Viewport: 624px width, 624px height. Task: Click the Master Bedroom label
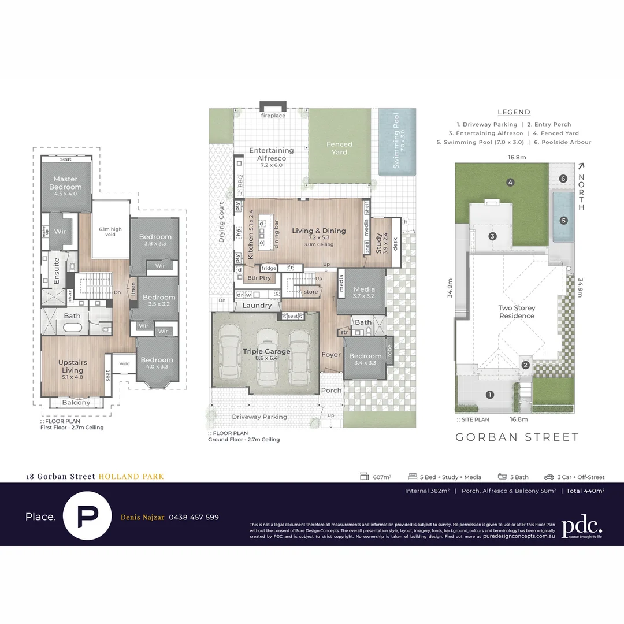pyautogui.click(x=65, y=183)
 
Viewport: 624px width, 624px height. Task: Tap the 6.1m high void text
pyautogui.click(x=110, y=232)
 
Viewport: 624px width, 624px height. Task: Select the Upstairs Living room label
pyautogui.click(x=72, y=366)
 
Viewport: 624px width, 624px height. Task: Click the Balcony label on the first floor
pyautogui.click(x=76, y=403)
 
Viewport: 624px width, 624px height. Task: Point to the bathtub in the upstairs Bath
pyautogui.click(x=72, y=328)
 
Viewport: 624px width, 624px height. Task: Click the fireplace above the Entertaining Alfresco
pyautogui.click(x=273, y=108)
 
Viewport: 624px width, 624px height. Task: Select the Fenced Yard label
pyautogui.click(x=339, y=148)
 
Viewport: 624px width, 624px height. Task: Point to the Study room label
pyautogui.click(x=378, y=243)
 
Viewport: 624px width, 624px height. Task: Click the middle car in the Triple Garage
pyautogui.click(x=267, y=356)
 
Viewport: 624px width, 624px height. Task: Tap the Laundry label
pyautogui.click(x=257, y=306)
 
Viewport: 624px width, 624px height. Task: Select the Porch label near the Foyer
pyautogui.click(x=331, y=391)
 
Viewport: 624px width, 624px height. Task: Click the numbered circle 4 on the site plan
pyautogui.click(x=510, y=183)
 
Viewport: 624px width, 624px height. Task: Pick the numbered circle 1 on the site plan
pyautogui.click(x=490, y=395)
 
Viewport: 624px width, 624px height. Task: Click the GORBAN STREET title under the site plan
pyautogui.click(x=517, y=437)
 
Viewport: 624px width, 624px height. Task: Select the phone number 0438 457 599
pyautogui.click(x=194, y=517)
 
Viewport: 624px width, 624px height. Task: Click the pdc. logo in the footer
pyautogui.click(x=582, y=526)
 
